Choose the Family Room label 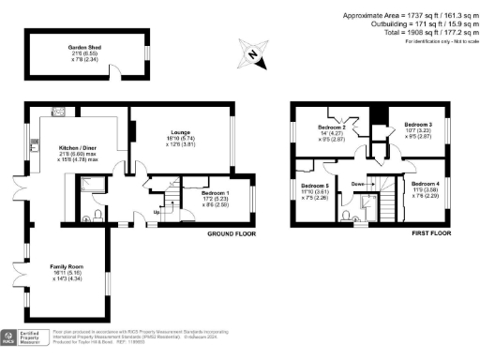pyautogui.click(x=67, y=267)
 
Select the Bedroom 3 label pyautogui.click(x=418, y=125)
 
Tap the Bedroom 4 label pyautogui.click(x=425, y=184)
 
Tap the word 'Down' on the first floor pyautogui.click(x=358, y=184)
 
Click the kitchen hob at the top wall pyautogui.click(x=58, y=112)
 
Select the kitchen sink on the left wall pyautogui.click(x=35, y=145)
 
